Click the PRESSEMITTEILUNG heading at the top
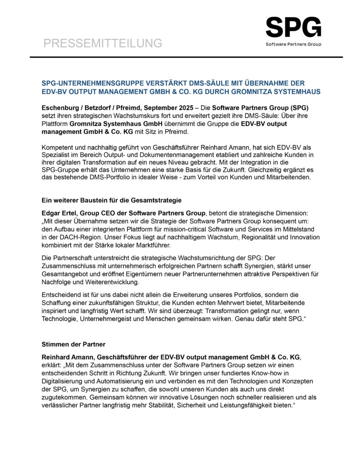point(103,43)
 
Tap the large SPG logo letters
point(293,27)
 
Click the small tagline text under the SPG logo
point(293,44)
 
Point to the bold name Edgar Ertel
point(59,213)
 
